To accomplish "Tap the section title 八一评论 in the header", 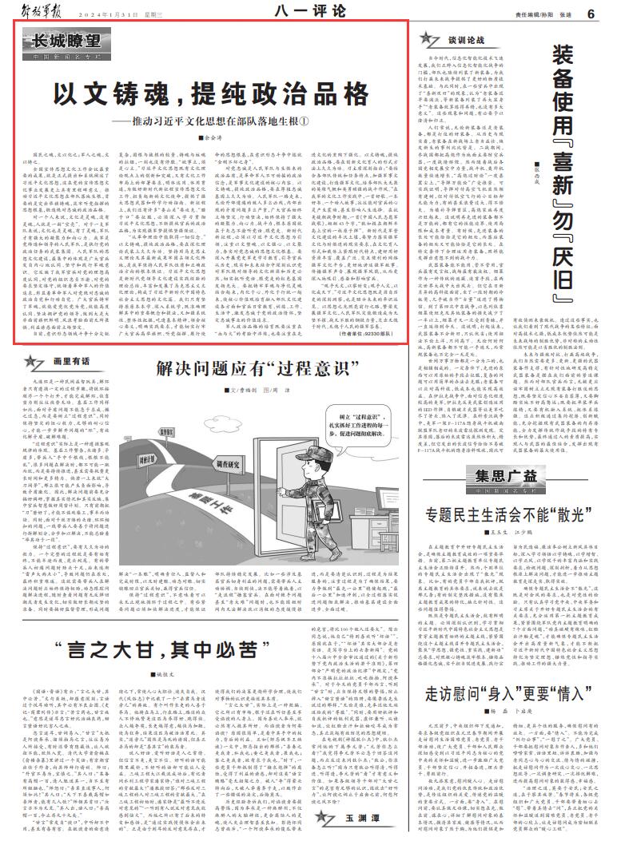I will coord(309,12).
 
